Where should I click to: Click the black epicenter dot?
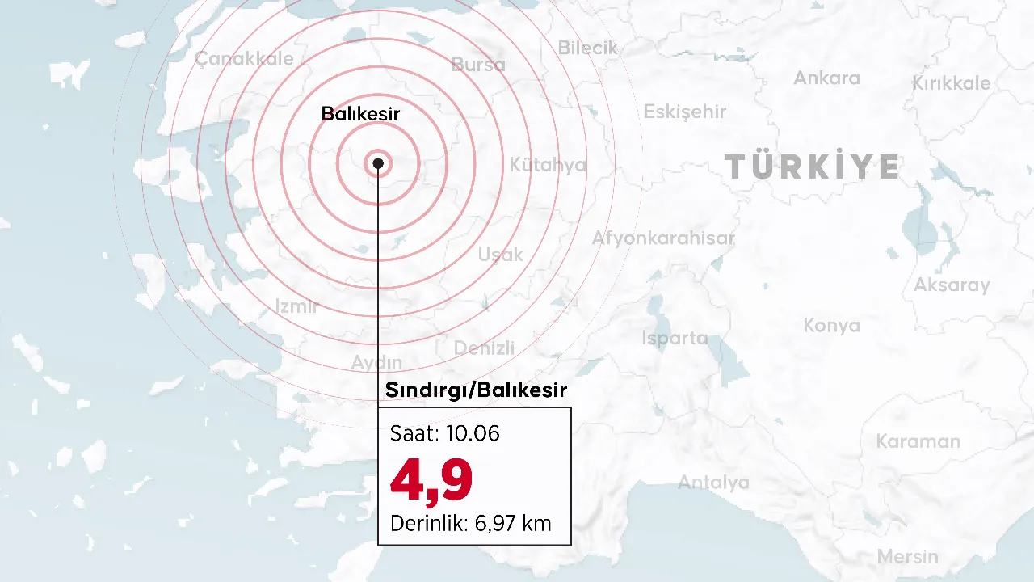coord(378,163)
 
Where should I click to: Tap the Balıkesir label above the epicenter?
coord(360,114)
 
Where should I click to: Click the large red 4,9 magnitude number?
coord(431,479)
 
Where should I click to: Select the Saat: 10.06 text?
coord(444,434)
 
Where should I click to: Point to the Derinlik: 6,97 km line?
coord(470,524)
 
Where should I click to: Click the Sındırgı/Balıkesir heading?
coord(476,390)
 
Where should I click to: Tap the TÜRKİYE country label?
coord(811,167)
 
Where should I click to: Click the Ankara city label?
coord(826,78)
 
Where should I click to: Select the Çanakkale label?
coord(244,59)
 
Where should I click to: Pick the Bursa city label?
coord(478,65)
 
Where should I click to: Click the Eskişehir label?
coord(684,112)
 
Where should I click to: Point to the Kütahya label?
coord(547,166)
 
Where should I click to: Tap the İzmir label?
coord(296,306)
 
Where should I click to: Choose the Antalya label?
coord(713,483)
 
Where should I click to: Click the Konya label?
coord(831,326)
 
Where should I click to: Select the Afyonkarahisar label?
coord(663,238)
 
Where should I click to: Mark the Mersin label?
coord(907,557)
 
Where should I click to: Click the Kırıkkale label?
coord(951,84)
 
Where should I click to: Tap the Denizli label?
coord(484,348)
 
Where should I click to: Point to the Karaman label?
coord(918,442)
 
